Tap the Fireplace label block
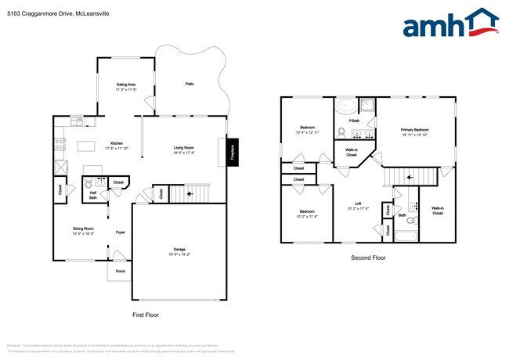(232, 152)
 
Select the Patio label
(190, 84)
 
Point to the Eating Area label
(126, 86)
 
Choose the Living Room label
(185, 149)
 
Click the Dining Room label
(84, 231)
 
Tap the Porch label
(121, 272)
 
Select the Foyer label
(121, 232)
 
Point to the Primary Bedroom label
(414, 131)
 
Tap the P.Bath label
(355, 121)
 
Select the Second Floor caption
(368, 257)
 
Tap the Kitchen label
(116, 144)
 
